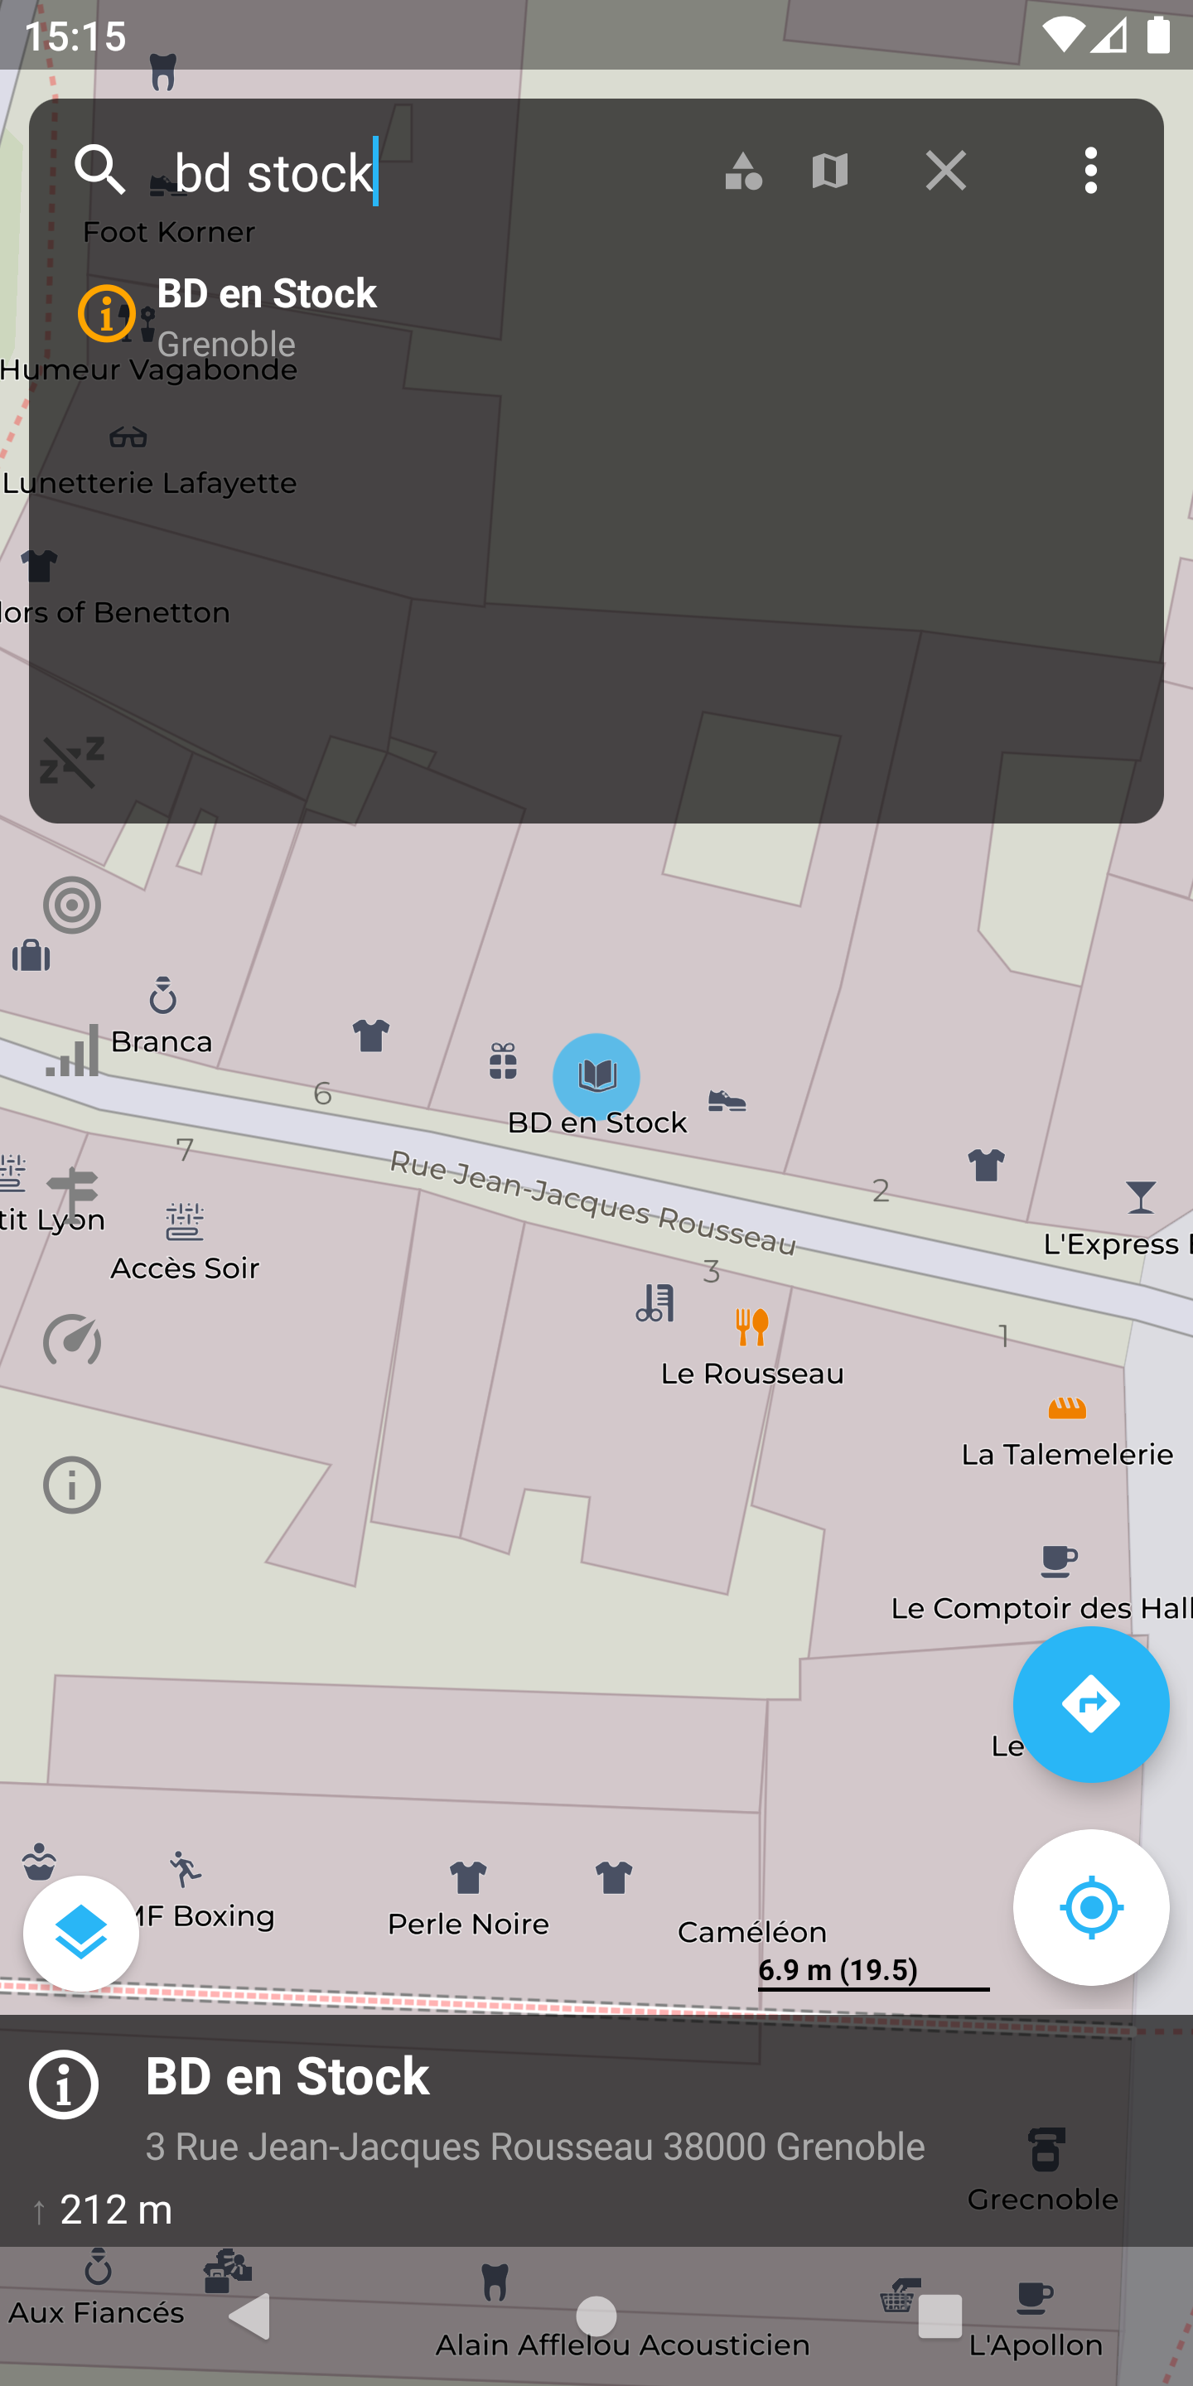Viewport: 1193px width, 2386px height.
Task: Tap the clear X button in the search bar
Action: [x=945, y=171]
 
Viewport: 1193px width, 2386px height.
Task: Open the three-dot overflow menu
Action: [x=1090, y=171]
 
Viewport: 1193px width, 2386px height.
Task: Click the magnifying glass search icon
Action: [x=99, y=170]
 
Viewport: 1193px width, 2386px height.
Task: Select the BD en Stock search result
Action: [x=266, y=315]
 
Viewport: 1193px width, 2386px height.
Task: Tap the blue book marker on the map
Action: [x=596, y=1075]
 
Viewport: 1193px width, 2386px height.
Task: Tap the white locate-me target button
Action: [x=1090, y=1907]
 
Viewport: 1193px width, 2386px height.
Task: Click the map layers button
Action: [x=81, y=1933]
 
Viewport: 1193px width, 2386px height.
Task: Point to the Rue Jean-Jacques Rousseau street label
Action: [x=593, y=1202]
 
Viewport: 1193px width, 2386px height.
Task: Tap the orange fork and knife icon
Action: [x=752, y=1326]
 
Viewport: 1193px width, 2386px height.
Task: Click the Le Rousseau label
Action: [x=752, y=1374]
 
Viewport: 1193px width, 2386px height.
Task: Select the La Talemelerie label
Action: [x=1067, y=1454]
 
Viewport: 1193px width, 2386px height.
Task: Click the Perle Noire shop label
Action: [x=469, y=1924]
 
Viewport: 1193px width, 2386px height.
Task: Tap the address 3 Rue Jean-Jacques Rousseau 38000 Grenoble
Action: [x=535, y=2146]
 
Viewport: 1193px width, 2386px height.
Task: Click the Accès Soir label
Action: [x=186, y=1267]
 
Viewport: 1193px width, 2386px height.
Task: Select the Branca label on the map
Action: [x=162, y=1041]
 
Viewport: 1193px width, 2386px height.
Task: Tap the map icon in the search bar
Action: [x=830, y=171]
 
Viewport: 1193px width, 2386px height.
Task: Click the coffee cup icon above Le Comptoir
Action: [x=1058, y=1561]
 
